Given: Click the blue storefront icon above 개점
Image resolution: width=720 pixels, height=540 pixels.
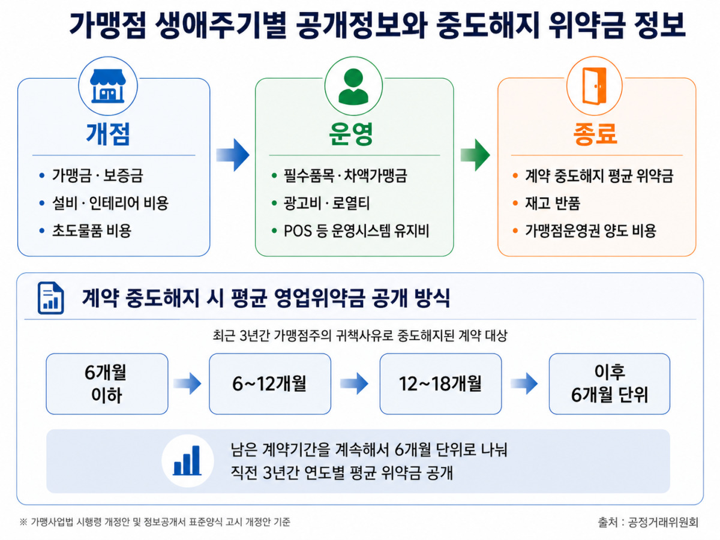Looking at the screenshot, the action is pos(107,86).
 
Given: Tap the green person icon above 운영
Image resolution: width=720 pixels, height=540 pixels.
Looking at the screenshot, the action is pos(353,86).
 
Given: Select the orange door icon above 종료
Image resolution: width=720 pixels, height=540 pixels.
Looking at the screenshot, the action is pos(594,86).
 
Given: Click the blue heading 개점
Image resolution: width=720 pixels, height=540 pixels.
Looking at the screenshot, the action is pos(108,134).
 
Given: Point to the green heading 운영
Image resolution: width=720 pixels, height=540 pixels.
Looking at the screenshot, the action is pos(351,134).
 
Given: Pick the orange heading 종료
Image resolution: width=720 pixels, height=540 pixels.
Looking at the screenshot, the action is pos(595,134).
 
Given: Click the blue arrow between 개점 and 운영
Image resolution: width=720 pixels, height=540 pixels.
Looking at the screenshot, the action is pos(233,155).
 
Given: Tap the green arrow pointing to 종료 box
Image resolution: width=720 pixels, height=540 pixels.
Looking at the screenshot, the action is pos(475,155).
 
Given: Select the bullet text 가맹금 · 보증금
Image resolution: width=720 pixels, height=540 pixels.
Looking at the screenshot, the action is pos(98,175).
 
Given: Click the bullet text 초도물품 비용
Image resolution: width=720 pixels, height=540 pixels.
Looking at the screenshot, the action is pos(92,230).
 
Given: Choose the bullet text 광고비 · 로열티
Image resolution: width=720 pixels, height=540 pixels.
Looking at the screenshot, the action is pos(327,203).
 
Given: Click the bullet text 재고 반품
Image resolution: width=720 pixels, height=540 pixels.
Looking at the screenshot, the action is pos(553,203).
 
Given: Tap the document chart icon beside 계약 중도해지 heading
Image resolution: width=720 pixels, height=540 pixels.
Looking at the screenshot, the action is pos(51,298).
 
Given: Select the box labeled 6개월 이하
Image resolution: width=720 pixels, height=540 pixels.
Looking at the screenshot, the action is pos(107,383).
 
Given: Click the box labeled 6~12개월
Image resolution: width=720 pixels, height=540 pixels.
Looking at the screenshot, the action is pos(270,383).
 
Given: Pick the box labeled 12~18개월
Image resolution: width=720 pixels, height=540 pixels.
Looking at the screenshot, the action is pos(440,383).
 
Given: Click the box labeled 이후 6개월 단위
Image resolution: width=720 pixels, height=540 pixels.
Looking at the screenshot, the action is pos(610,383).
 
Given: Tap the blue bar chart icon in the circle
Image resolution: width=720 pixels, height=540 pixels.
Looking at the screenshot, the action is pos(187,460).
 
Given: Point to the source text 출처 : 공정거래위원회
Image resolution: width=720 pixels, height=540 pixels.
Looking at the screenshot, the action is pos(648,522).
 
